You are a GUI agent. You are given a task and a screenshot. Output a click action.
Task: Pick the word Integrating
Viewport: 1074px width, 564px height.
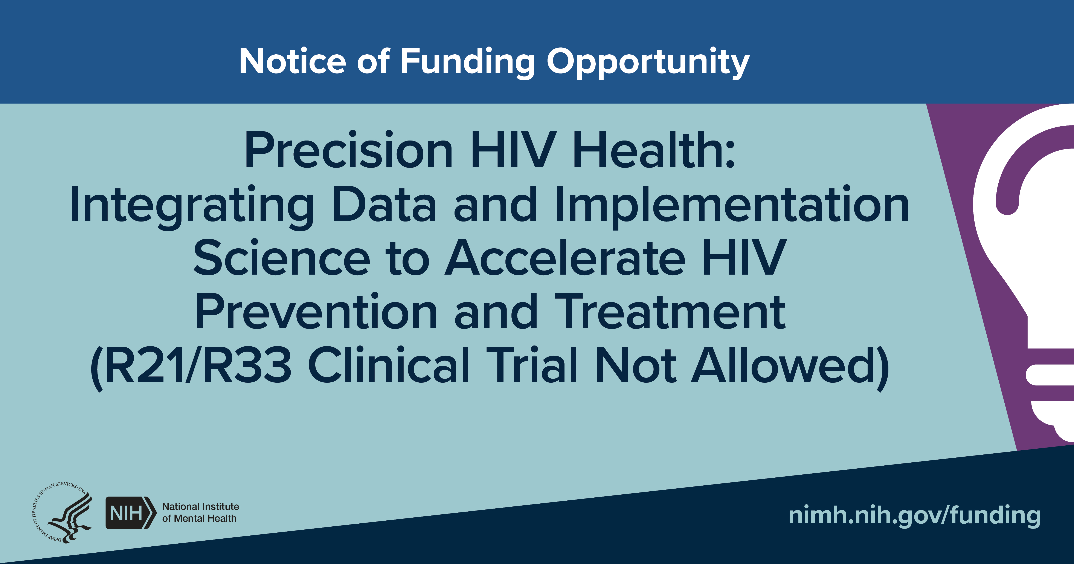click(192, 206)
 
